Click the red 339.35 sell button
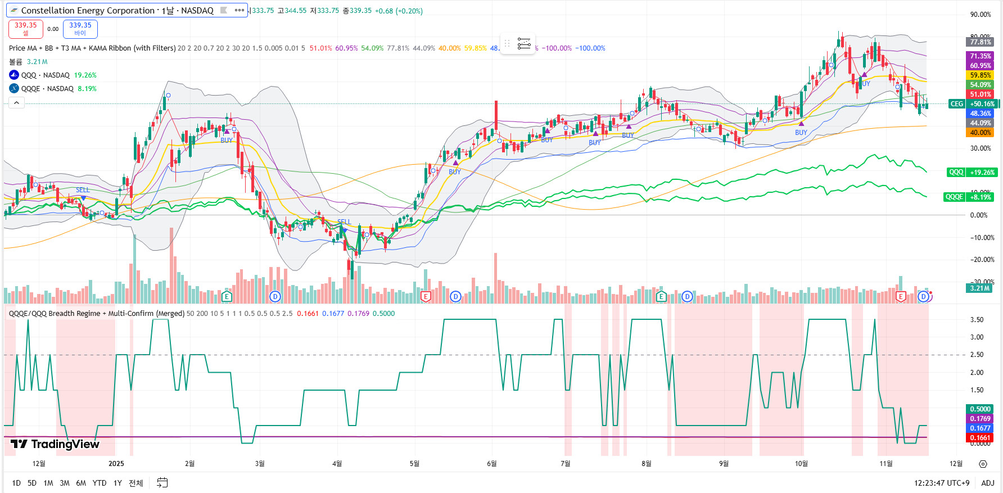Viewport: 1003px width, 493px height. [x=26, y=29]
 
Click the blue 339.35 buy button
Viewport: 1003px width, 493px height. [x=80, y=29]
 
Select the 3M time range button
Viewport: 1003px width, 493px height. [x=65, y=483]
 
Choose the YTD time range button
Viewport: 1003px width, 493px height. [x=100, y=483]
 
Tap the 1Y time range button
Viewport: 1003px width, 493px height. [x=118, y=483]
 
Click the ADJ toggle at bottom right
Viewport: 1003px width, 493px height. [x=987, y=483]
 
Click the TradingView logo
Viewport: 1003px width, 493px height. [x=55, y=444]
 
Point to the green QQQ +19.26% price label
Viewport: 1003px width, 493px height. [x=972, y=173]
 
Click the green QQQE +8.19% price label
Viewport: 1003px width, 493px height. [x=969, y=197]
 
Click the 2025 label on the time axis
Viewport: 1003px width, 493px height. [x=116, y=463]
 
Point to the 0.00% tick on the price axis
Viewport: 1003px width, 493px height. [x=979, y=215]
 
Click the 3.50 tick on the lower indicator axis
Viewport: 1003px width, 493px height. [x=977, y=320]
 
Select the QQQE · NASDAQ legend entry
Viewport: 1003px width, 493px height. [x=47, y=89]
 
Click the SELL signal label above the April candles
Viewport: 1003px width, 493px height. [x=344, y=222]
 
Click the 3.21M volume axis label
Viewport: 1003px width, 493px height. [x=979, y=288]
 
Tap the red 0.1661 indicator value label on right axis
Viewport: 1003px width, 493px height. [x=980, y=438]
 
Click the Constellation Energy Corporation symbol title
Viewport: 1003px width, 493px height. [x=117, y=11]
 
